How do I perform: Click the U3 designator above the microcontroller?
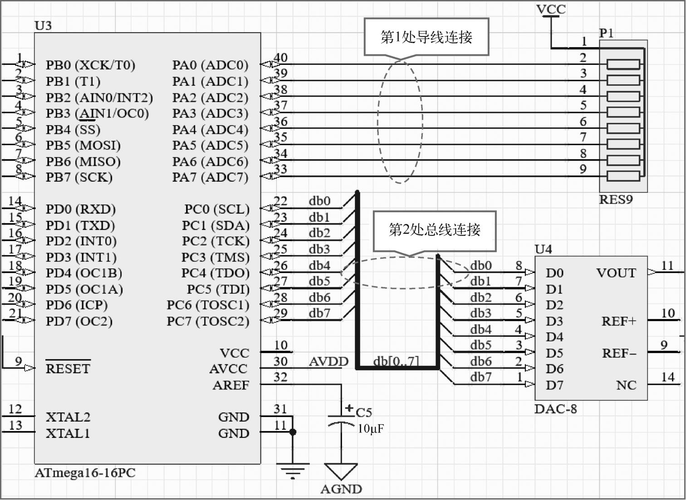43,25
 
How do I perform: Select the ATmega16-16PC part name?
85,473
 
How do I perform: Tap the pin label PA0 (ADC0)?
210,65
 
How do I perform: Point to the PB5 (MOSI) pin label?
83,145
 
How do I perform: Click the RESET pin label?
68,369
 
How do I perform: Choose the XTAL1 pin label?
68,433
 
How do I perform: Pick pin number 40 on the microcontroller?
281,58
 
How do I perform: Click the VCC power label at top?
551,10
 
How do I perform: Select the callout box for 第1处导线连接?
426,37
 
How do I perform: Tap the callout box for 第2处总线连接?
434,230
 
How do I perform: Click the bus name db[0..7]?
396,361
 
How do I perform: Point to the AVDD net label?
328,361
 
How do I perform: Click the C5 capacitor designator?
364,412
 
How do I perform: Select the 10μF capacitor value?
371,428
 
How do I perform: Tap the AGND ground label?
341,489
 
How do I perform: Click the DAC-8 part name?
555,409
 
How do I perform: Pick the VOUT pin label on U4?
616,273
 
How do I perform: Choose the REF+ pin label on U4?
619,321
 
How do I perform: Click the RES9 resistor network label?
616,199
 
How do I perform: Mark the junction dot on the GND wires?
293,432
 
